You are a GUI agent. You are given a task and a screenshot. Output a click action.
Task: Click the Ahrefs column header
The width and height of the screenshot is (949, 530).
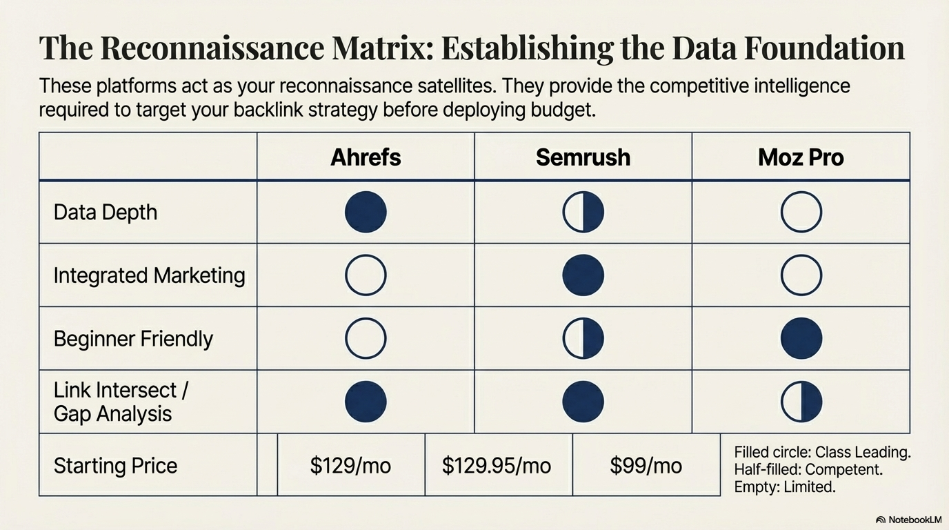click(x=366, y=157)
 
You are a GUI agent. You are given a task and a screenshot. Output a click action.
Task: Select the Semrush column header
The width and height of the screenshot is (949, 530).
click(x=583, y=157)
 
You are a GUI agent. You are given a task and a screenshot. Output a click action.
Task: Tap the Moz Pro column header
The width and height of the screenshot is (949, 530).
click(x=801, y=157)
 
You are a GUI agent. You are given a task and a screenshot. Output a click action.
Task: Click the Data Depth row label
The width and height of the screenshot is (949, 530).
click(x=106, y=212)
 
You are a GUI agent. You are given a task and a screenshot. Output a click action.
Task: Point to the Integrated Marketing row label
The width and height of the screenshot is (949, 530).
click(x=149, y=275)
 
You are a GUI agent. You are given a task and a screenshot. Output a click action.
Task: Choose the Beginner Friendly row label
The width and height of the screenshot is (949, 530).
click(x=133, y=339)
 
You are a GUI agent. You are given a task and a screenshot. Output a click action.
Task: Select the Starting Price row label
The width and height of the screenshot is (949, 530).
click(x=115, y=465)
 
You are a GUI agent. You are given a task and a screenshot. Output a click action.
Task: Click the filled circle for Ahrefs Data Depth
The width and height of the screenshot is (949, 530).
click(x=366, y=212)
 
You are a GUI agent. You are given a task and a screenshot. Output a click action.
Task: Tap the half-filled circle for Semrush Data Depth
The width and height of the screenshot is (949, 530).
click(x=583, y=212)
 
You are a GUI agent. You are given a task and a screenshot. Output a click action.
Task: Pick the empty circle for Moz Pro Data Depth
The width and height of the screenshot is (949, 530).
click(x=801, y=212)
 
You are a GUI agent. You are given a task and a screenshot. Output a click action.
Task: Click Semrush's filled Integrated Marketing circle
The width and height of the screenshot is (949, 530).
click(x=583, y=275)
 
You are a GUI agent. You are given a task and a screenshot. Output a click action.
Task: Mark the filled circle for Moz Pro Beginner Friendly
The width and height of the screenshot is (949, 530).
click(x=801, y=339)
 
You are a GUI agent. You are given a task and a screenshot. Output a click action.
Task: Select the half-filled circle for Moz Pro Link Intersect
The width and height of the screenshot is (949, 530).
click(x=801, y=402)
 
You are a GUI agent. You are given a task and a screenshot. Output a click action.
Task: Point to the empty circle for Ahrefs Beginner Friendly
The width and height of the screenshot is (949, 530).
click(x=366, y=339)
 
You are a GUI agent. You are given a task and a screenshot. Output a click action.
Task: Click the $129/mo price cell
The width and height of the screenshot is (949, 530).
click(x=350, y=465)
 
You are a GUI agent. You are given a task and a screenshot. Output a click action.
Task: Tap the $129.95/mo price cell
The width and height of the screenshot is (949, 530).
click(x=497, y=465)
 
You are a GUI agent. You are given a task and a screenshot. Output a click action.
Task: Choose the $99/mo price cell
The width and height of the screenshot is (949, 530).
click(x=646, y=465)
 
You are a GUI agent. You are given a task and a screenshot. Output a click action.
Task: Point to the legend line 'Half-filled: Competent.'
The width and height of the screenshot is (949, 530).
click(x=808, y=470)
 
